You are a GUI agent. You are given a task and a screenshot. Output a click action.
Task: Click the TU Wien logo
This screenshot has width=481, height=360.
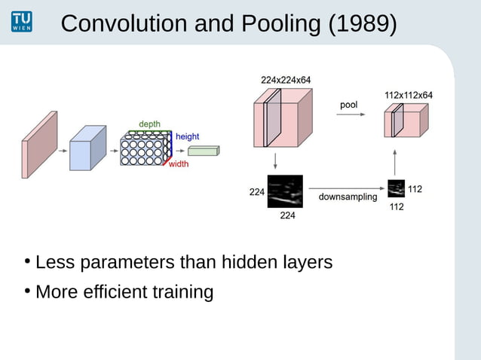point(22,22)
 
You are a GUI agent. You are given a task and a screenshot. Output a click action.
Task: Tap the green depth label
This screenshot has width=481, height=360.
point(149,124)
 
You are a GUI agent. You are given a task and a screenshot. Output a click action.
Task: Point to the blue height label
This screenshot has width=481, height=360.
point(187,136)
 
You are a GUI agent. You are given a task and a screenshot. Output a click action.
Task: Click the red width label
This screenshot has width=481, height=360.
point(179,164)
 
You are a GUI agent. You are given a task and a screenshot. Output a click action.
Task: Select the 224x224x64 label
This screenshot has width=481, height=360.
point(285,79)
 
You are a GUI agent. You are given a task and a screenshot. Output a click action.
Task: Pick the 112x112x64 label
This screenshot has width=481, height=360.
point(408,95)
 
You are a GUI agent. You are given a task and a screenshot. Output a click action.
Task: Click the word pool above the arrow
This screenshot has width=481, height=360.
point(348,105)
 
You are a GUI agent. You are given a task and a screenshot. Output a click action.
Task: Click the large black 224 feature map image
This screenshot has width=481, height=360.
point(285,191)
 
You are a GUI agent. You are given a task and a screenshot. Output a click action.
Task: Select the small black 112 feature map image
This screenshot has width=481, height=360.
point(396,188)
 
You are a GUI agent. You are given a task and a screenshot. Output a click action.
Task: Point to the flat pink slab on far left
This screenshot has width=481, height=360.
point(39,145)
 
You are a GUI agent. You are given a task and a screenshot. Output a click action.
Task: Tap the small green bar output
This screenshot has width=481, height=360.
point(202,151)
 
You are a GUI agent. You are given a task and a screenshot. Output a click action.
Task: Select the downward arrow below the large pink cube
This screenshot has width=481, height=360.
point(276,160)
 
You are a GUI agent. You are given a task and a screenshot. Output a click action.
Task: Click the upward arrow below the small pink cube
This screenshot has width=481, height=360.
point(396,160)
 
